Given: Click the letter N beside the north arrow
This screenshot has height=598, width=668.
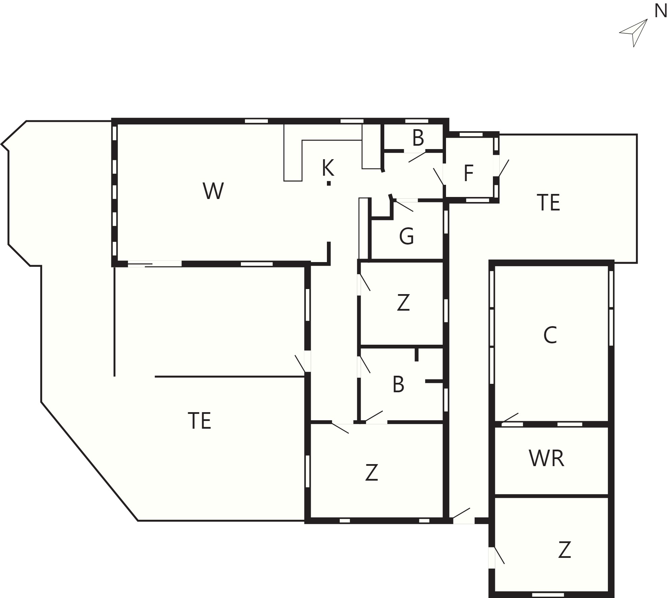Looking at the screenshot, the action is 661,11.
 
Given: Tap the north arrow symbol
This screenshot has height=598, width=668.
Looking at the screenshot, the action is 634,33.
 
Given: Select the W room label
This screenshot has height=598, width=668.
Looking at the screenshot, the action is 213,191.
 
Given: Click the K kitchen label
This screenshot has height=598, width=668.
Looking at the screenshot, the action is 328,168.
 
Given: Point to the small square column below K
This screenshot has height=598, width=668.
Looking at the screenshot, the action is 329,183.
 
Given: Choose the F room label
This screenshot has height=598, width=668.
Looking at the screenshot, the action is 469,173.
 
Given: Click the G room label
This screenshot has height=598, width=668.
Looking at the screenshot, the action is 407,236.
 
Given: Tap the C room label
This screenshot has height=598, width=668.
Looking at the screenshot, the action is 550,335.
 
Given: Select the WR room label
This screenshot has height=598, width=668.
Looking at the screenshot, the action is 547,458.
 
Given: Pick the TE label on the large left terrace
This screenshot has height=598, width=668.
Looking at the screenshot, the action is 199,421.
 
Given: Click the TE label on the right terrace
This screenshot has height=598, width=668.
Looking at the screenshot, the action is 549,202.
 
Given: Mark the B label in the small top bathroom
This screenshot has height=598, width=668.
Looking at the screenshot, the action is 418,138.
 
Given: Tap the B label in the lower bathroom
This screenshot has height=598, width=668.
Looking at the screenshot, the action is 398,385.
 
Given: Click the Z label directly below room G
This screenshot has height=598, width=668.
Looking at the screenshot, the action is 403,303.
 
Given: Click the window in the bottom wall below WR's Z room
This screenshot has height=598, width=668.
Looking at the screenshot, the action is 548,595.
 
